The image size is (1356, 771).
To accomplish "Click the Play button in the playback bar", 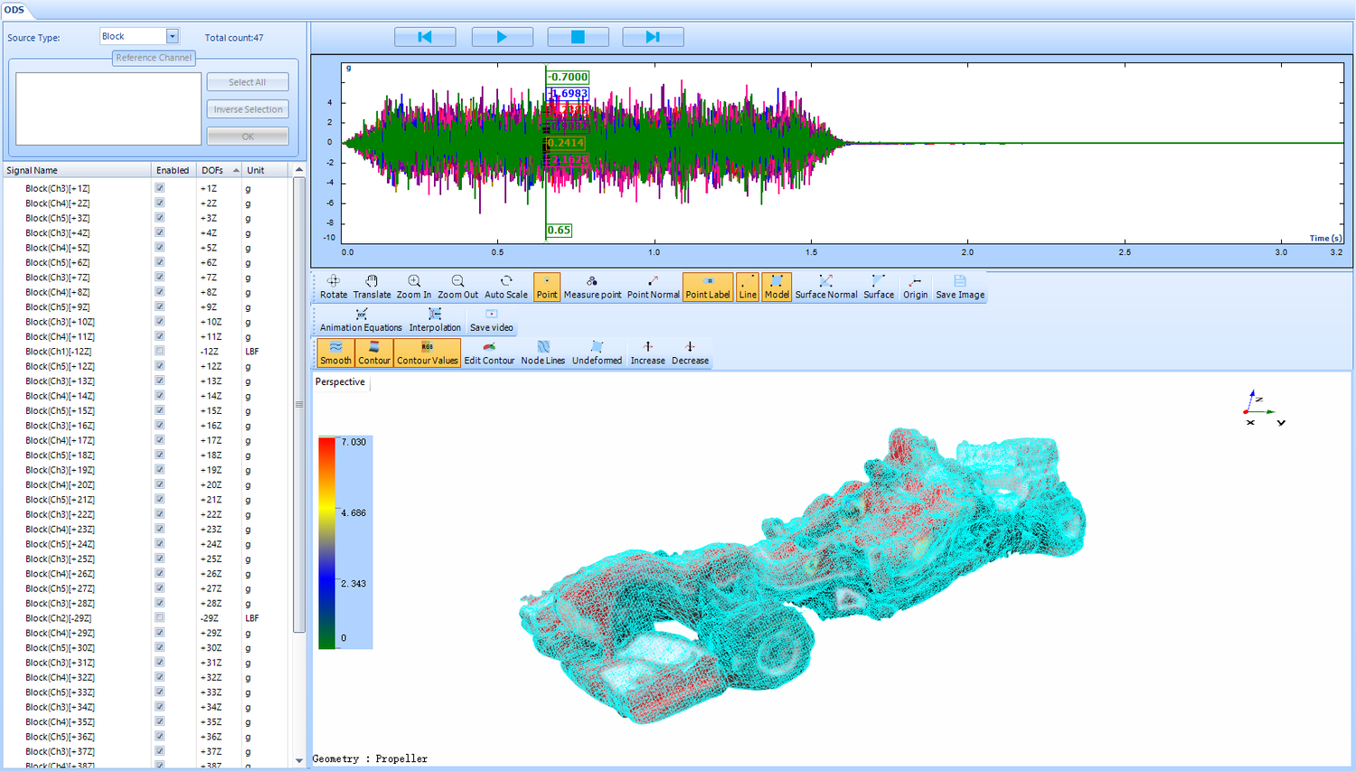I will tap(502, 37).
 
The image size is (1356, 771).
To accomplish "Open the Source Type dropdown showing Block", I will tap(172, 36).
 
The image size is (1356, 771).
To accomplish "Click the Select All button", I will tap(247, 82).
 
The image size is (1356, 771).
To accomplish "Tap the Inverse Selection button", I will tap(247, 109).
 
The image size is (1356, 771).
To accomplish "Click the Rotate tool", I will tap(334, 287).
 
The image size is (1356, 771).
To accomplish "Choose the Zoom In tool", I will tap(413, 287).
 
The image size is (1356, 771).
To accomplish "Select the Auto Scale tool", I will tap(505, 287).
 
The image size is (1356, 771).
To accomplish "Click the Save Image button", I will tap(959, 287).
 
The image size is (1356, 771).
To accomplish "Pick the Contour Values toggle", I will tap(427, 353).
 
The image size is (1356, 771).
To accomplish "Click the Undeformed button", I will tap(597, 353).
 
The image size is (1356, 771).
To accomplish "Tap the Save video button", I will tap(491, 320).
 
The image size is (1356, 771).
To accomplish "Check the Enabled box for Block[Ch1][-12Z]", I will tap(160, 351).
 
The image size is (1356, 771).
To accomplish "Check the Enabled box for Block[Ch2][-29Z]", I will tap(160, 618).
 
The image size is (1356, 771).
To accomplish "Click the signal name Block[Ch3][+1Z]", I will tap(58, 189).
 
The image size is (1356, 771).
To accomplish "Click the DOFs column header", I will tap(213, 170).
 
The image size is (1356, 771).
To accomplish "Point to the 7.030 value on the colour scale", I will tap(353, 442).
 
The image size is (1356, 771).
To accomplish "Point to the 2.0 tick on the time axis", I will tap(967, 252).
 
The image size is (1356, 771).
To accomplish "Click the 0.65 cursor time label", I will tap(559, 230).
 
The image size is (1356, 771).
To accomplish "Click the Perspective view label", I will tap(340, 382).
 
